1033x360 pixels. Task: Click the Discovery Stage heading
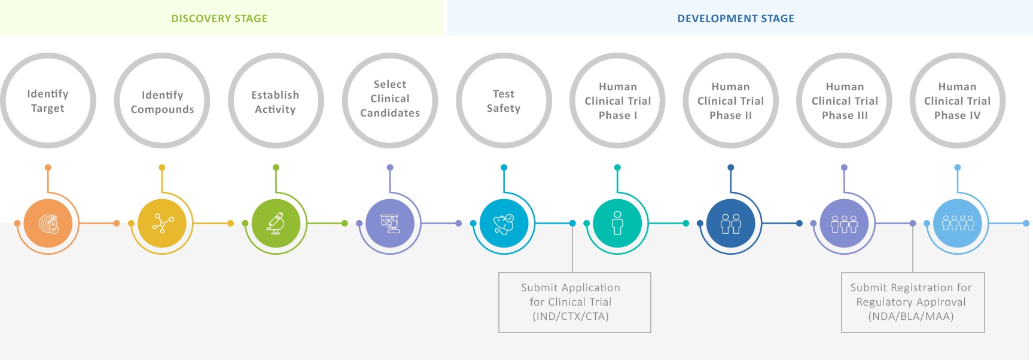(219, 19)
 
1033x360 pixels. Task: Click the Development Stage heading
(736, 19)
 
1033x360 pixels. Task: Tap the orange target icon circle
(48, 223)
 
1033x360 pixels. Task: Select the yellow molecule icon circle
(162, 223)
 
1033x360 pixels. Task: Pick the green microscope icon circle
(276, 223)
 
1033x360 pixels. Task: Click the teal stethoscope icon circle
(504, 223)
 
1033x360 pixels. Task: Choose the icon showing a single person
(617, 223)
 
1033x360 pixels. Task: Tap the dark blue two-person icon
(731, 223)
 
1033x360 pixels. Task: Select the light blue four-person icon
(958, 223)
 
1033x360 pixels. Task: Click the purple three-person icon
(844, 223)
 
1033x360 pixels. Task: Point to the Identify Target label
(48, 101)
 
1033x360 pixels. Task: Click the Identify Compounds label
(162, 102)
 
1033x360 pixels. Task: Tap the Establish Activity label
(275, 102)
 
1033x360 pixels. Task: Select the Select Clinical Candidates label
(390, 99)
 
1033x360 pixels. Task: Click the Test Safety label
(504, 101)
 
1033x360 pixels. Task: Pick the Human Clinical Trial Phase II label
(731, 101)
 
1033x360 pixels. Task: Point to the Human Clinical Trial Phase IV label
(958, 101)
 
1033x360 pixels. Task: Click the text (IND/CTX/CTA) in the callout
(571, 316)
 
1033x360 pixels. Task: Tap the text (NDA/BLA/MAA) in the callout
(911, 316)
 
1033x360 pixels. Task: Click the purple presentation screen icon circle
(390, 223)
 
